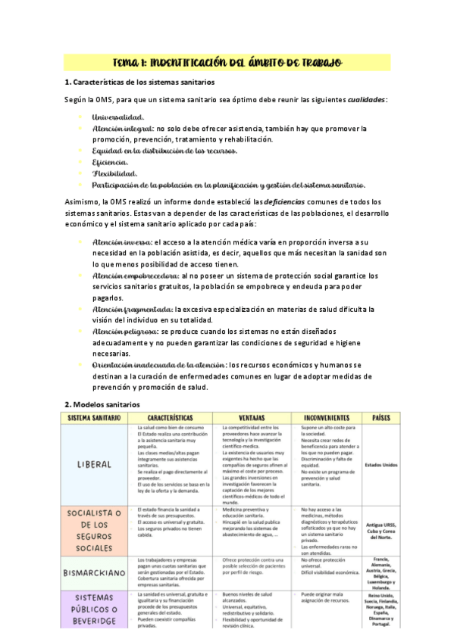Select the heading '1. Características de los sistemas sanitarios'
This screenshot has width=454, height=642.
coord(139,82)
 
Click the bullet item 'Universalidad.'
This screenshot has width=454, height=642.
coord(117,117)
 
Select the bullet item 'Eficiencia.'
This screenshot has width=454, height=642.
coord(110,162)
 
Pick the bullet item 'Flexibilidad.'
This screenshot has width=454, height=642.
coord(114,173)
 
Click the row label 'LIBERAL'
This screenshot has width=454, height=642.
coord(95,464)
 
